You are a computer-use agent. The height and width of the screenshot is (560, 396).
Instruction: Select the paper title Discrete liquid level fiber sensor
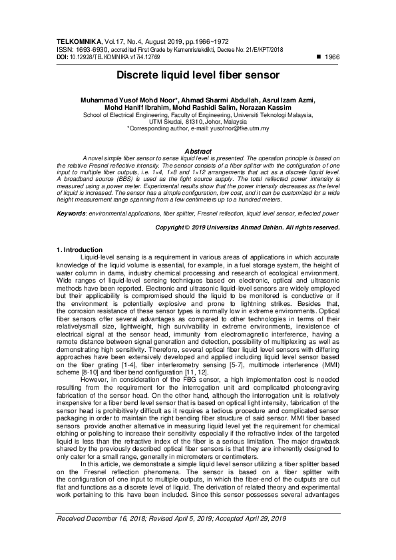point(198,75)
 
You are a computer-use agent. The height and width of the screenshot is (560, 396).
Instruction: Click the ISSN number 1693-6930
point(91,50)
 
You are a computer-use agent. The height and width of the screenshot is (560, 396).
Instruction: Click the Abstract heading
point(197,152)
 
